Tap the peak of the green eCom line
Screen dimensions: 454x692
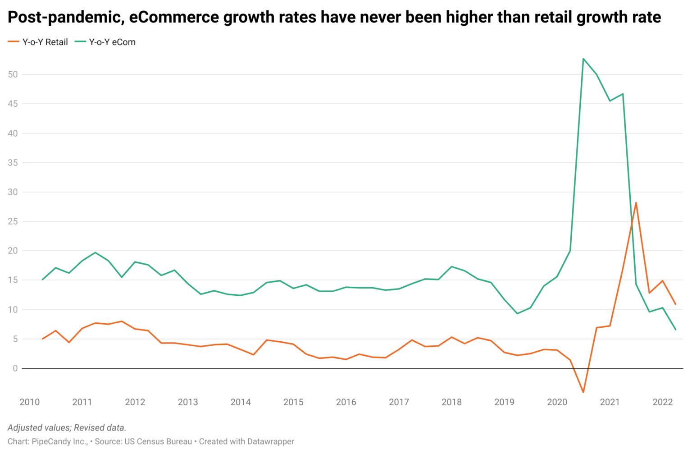pyautogui.click(x=583, y=59)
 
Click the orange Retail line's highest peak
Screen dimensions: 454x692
pyautogui.click(x=636, y=202)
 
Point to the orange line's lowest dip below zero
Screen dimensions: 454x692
pyautogui.click(x=583, y=392)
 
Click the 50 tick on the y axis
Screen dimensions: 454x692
pyautogui.click(x=13, y=74)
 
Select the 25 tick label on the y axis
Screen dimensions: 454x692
pyautogui.click(x=13, y=221)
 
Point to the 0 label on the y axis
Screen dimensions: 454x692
pyautogui.click(x=15, y=368)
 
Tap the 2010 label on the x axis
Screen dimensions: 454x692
pyautogui.click(x=29, y=402)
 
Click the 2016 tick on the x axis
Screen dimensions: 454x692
pyautogui.click(x=346, y=402)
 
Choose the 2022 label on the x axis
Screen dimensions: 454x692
pyautogui.click(x=662, y=402)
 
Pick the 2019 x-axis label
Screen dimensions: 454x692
pyautogui.click(x=504, y=402)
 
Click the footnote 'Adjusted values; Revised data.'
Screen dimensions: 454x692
pyautogui.click(x=67, y=428)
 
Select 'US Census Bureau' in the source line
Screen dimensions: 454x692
pyautogui.click(x=158, y=441)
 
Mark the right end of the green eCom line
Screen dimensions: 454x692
pyautogui.click(x=675, y=330)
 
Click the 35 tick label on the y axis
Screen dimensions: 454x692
pyautogui.click(x=13, y=163)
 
